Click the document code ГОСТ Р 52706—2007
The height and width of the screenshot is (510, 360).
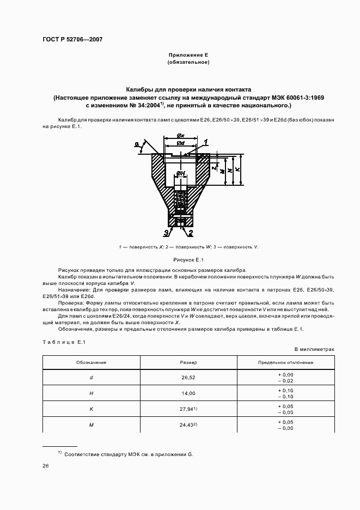(72, 39)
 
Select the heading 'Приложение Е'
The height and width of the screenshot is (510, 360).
(188, 55)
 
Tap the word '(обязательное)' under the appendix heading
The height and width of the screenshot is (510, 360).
(188, 63)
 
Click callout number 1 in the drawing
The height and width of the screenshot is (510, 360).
(206, 142)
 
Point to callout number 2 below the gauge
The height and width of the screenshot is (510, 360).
(191, 233)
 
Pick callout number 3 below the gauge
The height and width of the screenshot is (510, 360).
(166, 233)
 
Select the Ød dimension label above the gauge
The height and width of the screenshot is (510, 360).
(180, 143)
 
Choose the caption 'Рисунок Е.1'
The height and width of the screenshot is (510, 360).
(188, 260)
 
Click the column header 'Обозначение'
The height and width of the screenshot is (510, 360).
(91, 362)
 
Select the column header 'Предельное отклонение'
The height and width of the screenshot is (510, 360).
(285, 362)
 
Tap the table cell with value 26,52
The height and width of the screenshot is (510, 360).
(188, 378)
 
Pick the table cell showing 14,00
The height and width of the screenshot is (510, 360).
(188, 393)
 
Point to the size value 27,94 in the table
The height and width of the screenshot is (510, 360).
(187, 408)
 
